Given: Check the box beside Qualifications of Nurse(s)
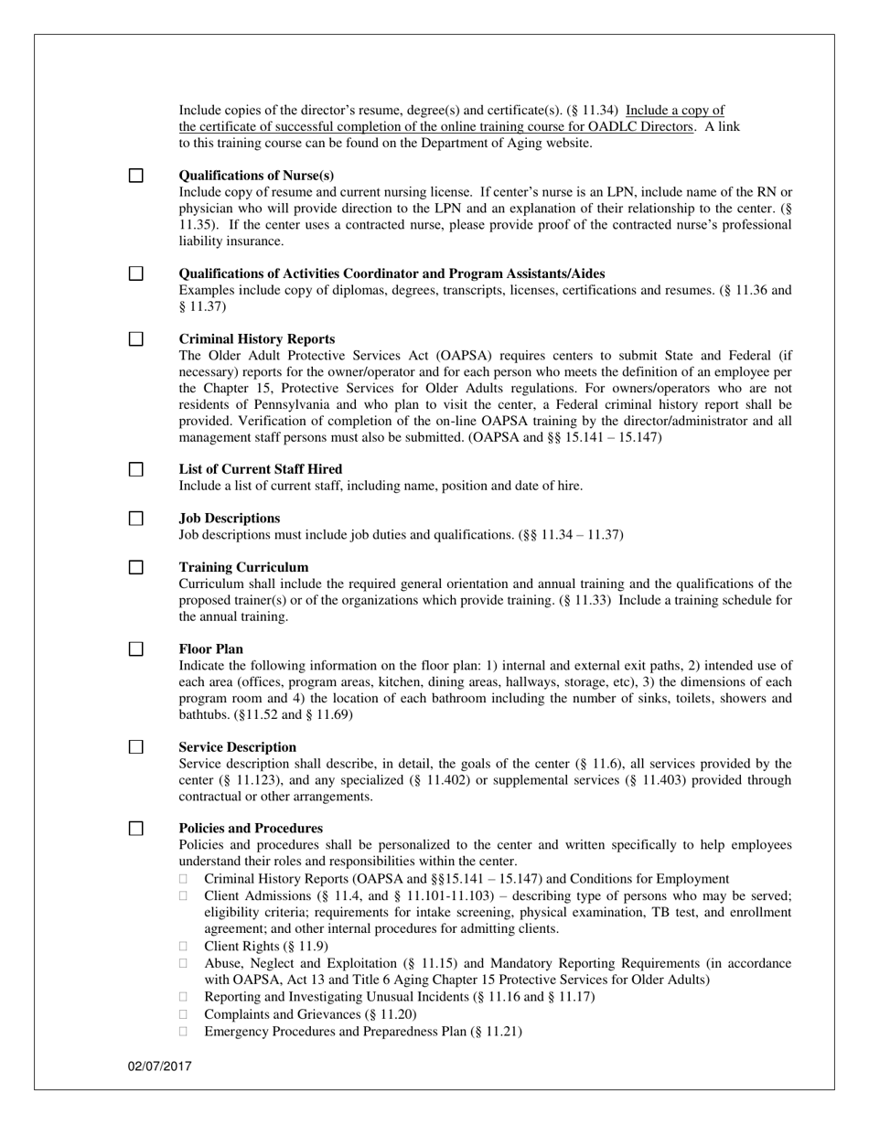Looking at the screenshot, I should [x=135, y=176].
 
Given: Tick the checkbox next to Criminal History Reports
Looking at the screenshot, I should [x=135, y=339].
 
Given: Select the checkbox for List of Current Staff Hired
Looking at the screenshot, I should [x=135, y=469].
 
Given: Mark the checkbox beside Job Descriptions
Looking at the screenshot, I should [x=135, y=519].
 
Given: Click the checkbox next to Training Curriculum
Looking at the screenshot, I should [x=135, y=567].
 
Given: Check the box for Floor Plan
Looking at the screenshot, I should [x=135, y=649].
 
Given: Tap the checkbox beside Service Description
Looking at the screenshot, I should [x=135, y=747].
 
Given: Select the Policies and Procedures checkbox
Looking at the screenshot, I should [x=135, y=829].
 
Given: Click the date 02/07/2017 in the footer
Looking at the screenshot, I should [x=160, y=1066].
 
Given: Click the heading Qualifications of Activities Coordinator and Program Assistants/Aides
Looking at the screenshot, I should [x=392, y=274].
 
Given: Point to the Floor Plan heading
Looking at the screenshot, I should [x=211, y=649].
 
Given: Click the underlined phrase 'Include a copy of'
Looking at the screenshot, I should [x=675, y=111].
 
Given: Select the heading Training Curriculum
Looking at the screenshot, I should [x=243, y=567].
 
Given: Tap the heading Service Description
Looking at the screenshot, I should [x=238, y=747].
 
